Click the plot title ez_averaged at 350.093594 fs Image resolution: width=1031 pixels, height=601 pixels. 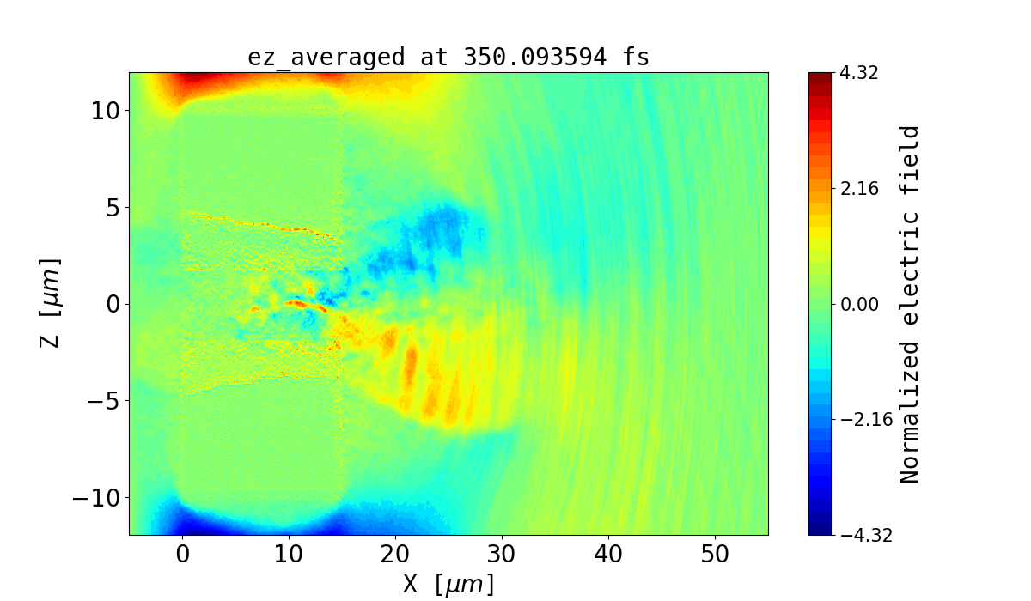point(448,58)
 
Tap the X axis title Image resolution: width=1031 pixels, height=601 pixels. point(448,584)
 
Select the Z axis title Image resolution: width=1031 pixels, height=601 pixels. point(52,302)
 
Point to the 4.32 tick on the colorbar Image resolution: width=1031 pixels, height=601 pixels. point(858,73)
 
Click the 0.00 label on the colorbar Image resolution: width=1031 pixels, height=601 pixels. point(858,304)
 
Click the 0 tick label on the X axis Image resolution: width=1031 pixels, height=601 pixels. point(183,555)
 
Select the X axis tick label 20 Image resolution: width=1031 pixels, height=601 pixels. point(395,555)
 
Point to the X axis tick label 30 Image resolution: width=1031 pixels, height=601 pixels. point(502,555)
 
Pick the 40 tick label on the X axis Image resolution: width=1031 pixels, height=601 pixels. point(608,555)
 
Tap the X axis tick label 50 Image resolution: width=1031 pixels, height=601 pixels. point(715,555)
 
